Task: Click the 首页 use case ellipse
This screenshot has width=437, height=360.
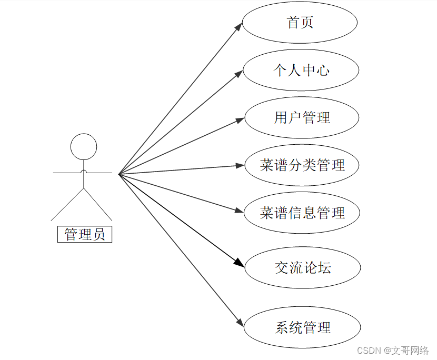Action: pyautogui.click(x=300, y=23)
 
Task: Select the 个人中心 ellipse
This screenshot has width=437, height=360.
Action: pyautogui.click(x=301, y=70)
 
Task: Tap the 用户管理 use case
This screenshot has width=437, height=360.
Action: pyautogui.click(x=302, y=117)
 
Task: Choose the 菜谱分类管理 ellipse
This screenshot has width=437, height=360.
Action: pyautogui.click(x=302, y=165)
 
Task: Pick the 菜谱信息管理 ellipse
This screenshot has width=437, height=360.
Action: pyautogui.click(x=302, y=213)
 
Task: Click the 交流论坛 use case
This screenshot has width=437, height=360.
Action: pyautogui.click(x=303, y=267)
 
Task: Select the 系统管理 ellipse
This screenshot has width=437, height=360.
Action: pyautogui.click(x=303, y=327)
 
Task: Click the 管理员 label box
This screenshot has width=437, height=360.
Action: pyautogui.click(x=85, y=234)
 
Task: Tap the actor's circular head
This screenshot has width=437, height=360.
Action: pyautogui.click(x=84, y=146)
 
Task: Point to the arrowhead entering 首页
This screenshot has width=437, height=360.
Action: pyautogui.click(x=240, y=26)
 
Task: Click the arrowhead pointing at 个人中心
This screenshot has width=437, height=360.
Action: pyautogui.click(x=240, y=74)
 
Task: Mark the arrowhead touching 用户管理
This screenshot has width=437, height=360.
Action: pyautogui.click(x=241, y=120)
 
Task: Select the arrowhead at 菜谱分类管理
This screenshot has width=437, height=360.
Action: pyautogui.click(x=241, y=166)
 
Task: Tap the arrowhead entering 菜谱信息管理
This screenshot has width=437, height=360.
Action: pyautogui.click(x=241, y=211)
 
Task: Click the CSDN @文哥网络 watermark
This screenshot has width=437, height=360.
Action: pyautogui.click(x=393, y=351)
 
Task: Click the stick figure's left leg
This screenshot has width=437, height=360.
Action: pyautogui.click(x=67, y=204)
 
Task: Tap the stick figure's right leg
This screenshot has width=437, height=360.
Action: pyautogui.click(x=98, y=204)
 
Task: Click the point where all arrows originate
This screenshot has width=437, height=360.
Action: pyautogui.click(x=119, y=174)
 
